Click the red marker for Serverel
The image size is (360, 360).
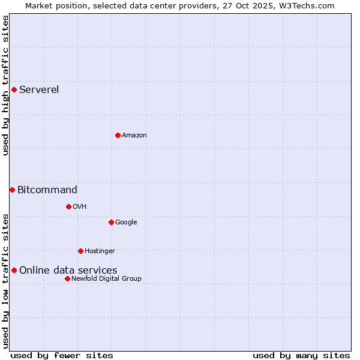coord(14,90)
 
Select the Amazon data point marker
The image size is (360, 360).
coord(118,135)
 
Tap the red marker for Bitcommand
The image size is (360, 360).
coord(12,190)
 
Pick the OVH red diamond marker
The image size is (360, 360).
coord(68,206)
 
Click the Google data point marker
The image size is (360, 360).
coord(111,222)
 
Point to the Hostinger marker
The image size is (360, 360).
coord(80,251)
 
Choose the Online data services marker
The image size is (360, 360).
coord(14,270)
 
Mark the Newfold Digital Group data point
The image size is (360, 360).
coord(67,278)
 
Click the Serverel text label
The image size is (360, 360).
coord(39,90)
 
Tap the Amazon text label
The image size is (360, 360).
coord(134,135)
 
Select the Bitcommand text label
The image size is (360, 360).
coord(47,190)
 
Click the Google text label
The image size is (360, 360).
coord(126,222)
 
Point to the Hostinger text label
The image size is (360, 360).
coord(100,251)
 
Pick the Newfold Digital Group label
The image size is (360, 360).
coord(106,278)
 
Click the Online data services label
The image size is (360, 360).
coord(68,271)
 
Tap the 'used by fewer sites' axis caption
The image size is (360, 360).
coord(62,355)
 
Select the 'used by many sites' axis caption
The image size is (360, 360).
coord(301,355)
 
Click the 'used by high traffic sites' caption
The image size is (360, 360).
coord(5,85)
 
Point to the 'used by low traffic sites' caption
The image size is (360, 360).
coord(5,281)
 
